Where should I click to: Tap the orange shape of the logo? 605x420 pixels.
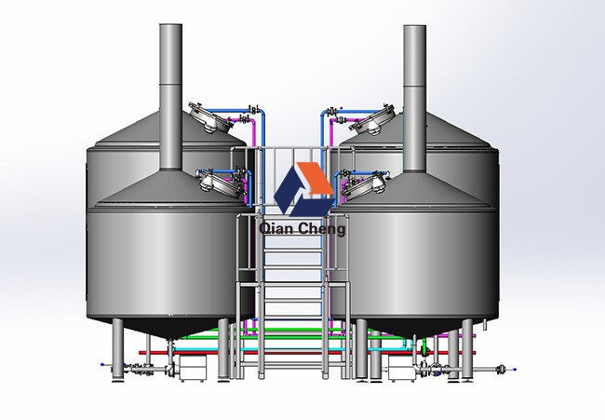[315, 178]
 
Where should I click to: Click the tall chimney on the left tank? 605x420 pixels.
[170, 97]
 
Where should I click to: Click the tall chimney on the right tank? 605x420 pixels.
[415, 98]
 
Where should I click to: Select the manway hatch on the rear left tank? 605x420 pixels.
[210, 117]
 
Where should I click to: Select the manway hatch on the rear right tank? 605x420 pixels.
[374, 120]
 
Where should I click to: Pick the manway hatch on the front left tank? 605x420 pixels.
[222, 184]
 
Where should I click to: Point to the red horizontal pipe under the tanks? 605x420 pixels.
[307, 353]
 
